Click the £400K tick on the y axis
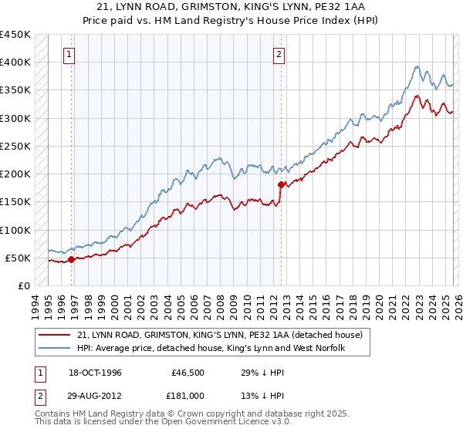15,62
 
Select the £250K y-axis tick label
15,146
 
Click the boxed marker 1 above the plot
70,54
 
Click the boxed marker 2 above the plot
279,54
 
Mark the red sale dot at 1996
71,260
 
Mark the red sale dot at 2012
281,184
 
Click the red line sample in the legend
56,335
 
